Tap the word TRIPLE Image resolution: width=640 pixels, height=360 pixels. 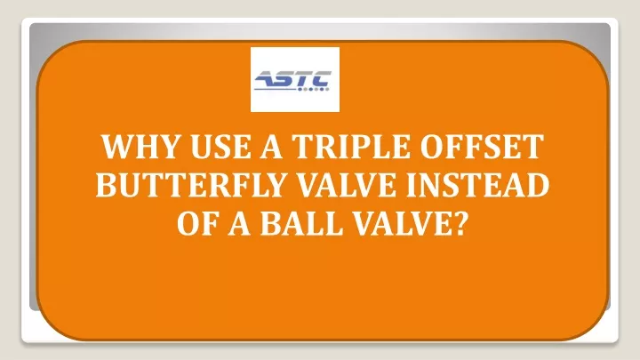point(350,147)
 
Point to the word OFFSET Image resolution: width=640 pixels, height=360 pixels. point(482,147)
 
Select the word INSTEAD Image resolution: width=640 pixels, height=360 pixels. point(477,185)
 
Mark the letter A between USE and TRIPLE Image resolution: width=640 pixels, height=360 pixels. point(271,147)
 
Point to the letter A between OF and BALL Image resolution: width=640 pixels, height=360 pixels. point(239,224)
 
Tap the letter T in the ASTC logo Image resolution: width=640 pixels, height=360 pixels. point(307,79)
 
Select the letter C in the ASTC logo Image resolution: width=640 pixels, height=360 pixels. point(324,79)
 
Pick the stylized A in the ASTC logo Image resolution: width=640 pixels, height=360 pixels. point(267,79)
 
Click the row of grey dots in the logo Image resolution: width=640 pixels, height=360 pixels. point(313,89)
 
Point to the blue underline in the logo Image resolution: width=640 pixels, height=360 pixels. point(275,89)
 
